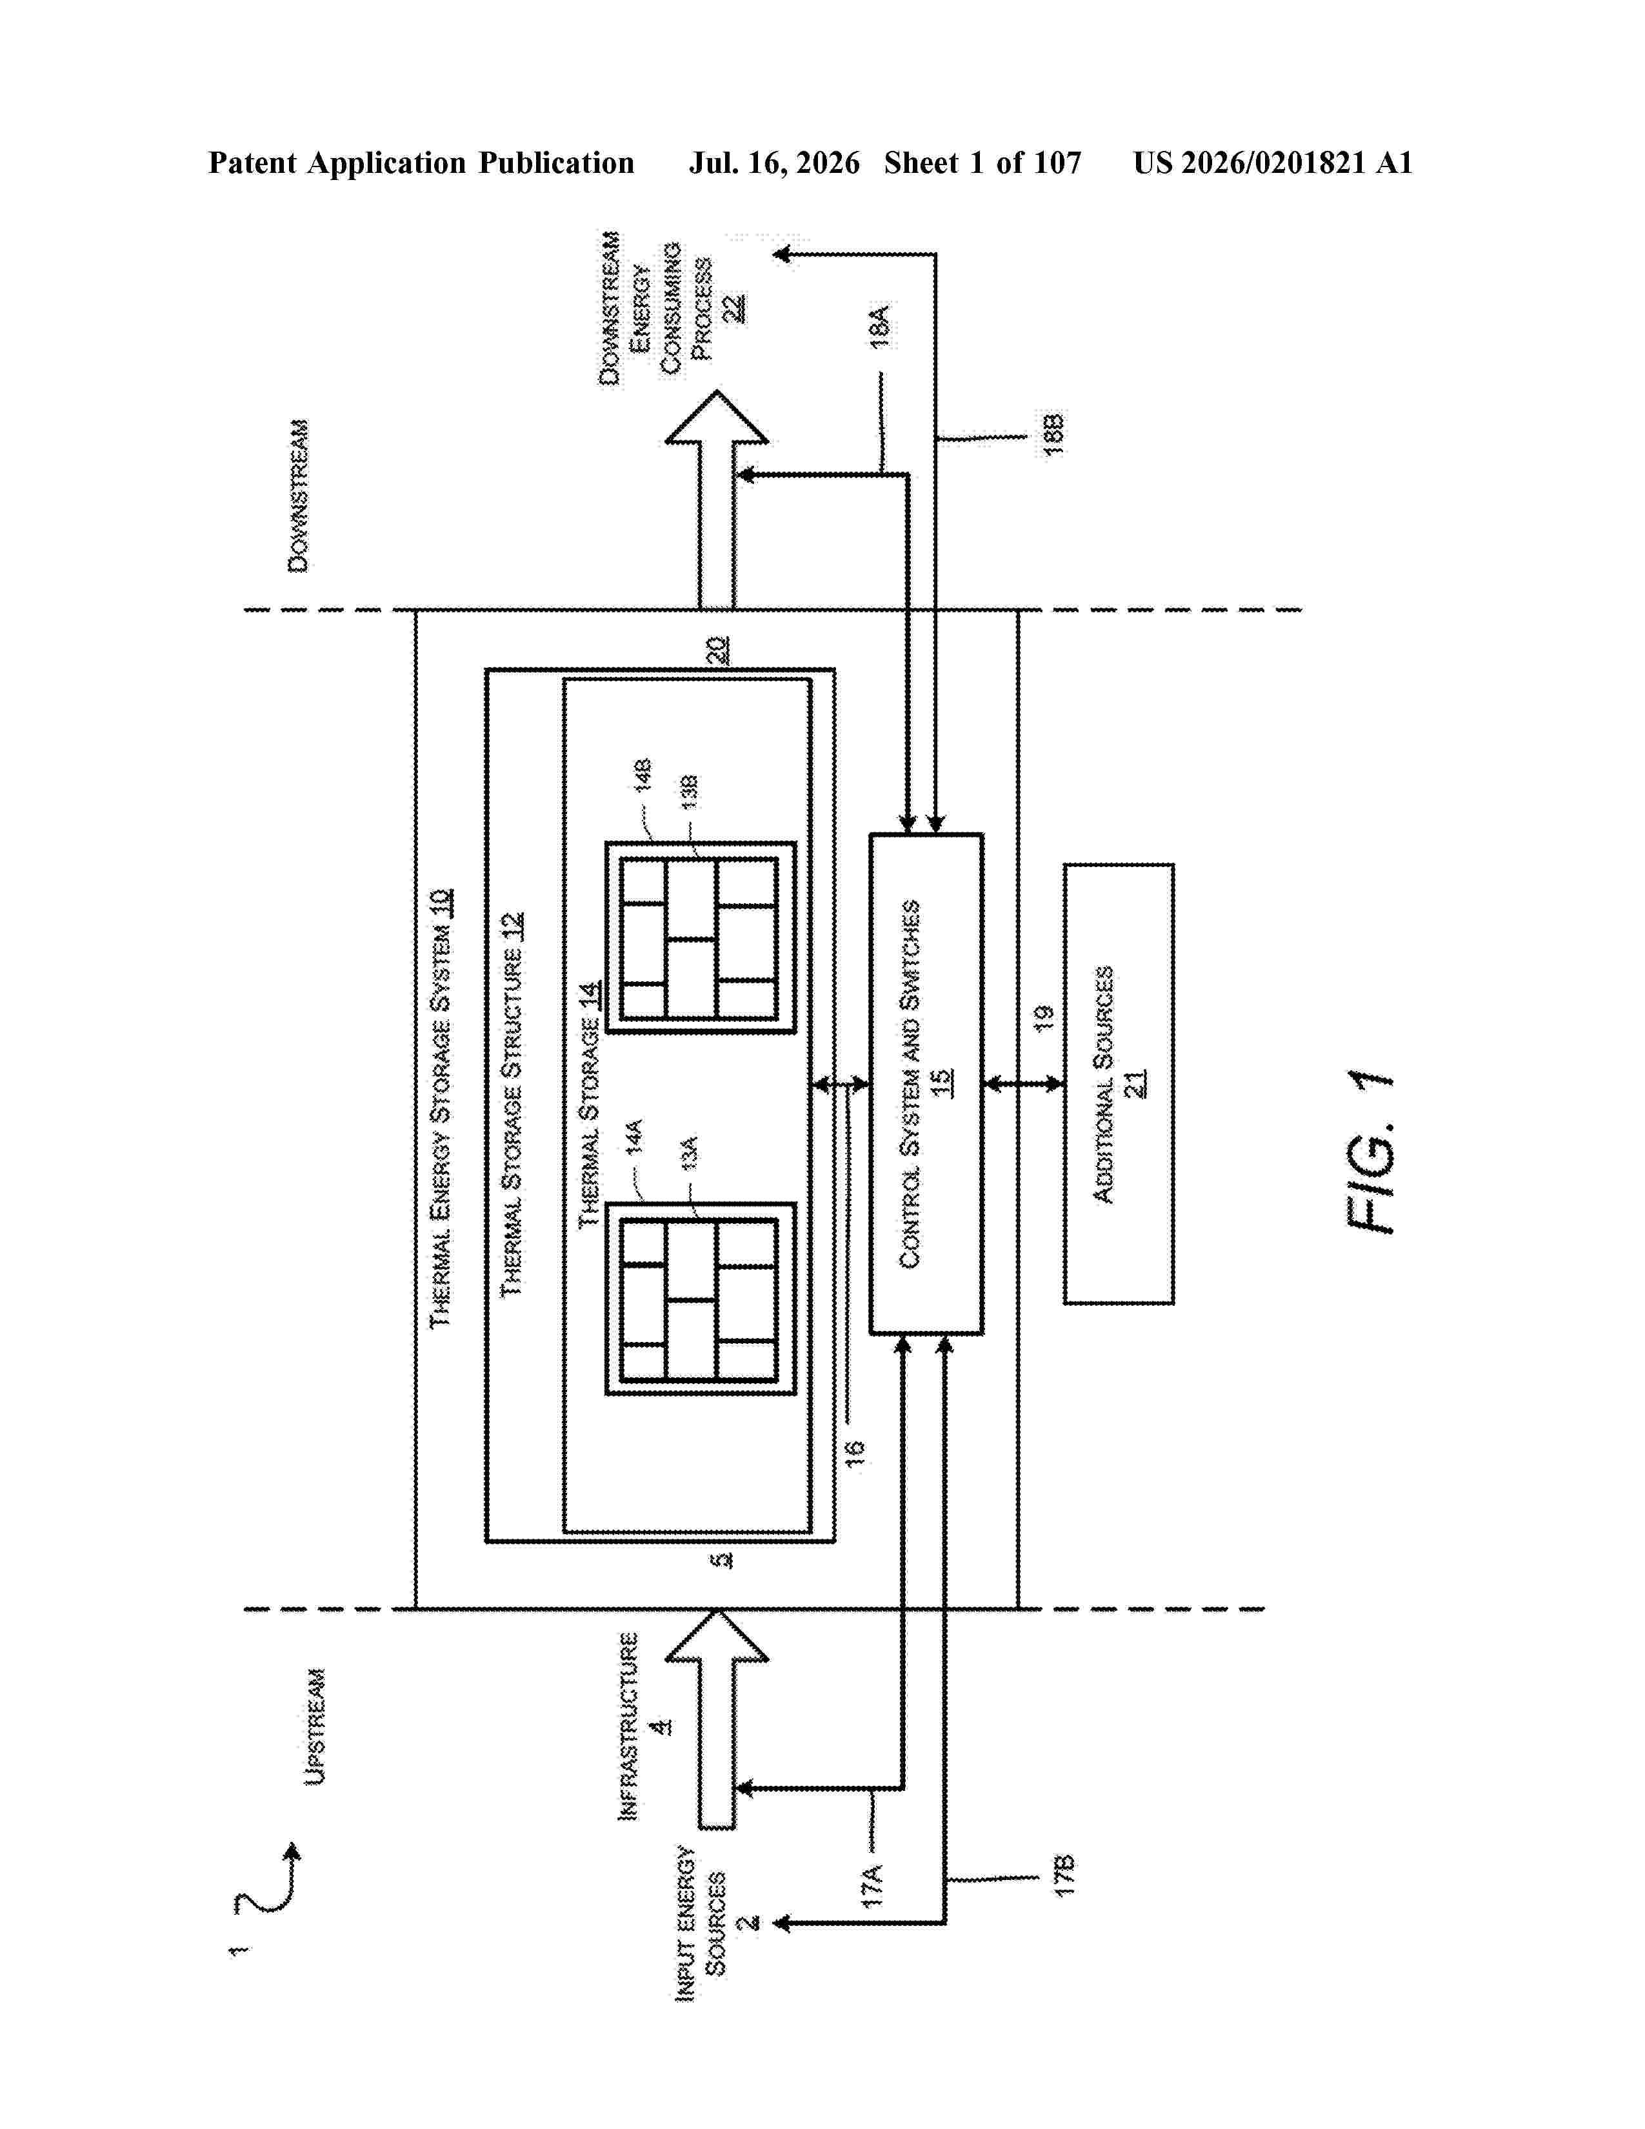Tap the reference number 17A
coord(872,1884)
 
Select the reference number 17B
coord(1064,1875)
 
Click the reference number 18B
coord(1053,435)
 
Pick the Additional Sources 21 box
coord(1118,1083)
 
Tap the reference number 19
coord(1044,1017)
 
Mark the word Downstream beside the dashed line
coord(298,496)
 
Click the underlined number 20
coord(717,650)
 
